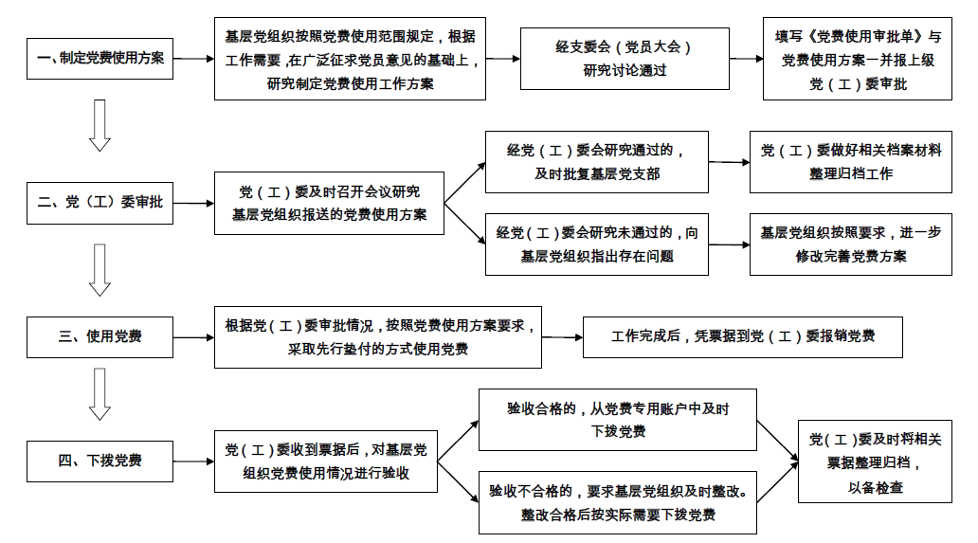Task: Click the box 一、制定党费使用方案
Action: point(100,59)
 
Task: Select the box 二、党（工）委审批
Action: point(100,203)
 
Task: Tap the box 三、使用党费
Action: point(100,336)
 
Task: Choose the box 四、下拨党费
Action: point(100,462)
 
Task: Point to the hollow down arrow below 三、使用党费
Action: point(100,394)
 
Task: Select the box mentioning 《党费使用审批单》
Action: point(858,59)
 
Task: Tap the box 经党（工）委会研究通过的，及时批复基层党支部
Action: point(596,161)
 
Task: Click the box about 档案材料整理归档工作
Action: point(851,161)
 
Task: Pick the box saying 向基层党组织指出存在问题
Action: point(596,244)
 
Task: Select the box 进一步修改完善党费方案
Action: point(851,244)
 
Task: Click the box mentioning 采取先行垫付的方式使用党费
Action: point(378,336)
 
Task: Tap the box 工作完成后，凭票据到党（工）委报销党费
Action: point(742,336)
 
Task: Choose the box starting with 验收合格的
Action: point(617,420)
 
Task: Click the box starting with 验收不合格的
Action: point(617,503)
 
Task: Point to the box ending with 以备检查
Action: point(875,462)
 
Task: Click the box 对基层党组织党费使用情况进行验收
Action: point(326,462)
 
